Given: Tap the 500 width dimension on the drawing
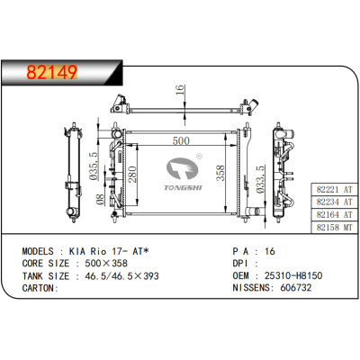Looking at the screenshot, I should (x=181, y=140).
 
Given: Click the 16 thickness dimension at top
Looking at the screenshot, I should (x=178, y=91).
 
